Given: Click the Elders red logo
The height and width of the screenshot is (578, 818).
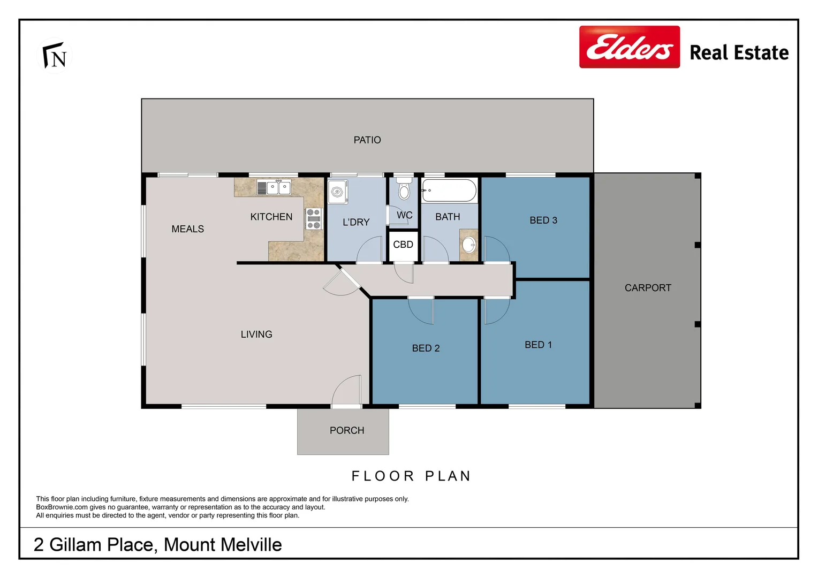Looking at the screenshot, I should coord(629,47).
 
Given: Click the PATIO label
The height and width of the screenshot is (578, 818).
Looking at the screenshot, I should coord(367,140).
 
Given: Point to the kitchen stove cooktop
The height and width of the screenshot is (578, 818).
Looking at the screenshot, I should coord(314,219).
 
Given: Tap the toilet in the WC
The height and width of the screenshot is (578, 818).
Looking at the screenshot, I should coord(404,189).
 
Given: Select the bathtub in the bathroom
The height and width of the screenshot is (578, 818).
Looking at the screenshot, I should coord(449,191).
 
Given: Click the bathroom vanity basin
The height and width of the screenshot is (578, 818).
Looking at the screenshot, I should coord(469,245).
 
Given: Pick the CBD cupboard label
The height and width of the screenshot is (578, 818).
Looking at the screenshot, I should coord(403,245).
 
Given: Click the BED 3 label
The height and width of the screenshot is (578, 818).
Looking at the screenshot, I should coord(543,220).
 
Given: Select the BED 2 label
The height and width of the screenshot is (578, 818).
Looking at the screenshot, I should coord(426,348).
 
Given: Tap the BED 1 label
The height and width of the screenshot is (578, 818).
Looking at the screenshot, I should coord(538,345).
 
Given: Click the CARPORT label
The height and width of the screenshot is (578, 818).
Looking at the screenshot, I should coord(648,288).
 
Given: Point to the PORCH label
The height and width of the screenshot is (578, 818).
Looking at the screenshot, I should coord(347,431).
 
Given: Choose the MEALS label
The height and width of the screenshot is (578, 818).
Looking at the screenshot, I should coord(187,229).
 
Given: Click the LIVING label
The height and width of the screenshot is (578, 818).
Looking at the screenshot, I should coord(256,334).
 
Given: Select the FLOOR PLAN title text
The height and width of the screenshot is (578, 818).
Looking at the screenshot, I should coord(411,476).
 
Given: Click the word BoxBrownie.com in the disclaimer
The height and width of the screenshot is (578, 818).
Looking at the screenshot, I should coord(62,507).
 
